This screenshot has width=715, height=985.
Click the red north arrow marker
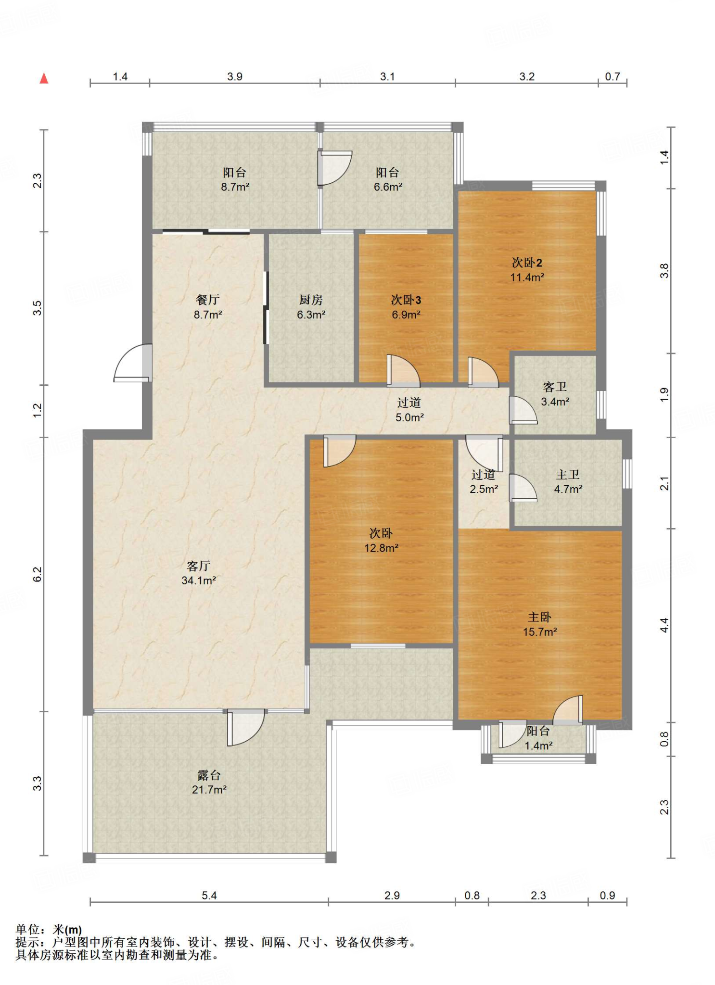click(44, 78)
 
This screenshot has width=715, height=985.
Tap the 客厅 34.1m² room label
click(199, 573)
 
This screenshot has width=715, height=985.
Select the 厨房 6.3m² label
click(311, 307)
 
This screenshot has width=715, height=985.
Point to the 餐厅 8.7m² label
click(208, 307)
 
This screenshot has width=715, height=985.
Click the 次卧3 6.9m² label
click(406, 307)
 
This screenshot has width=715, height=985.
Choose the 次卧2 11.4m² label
click(527, 270)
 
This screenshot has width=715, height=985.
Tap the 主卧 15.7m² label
click(540, 624)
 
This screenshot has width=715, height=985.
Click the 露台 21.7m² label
click(209, 782)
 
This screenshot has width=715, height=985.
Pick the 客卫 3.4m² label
click(555, 394)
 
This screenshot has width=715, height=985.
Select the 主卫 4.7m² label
click(568, 481)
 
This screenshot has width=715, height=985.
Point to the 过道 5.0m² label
click(409, 410)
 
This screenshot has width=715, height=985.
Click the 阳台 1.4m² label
click(538, 738)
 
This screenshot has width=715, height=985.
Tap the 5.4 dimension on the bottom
click(209, 896)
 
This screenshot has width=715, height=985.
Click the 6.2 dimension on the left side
click(38, 574)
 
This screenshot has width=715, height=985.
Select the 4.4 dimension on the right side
click(664, 625)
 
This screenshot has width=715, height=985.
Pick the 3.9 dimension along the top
click(235, 76)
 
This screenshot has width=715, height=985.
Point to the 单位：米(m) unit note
click(49, 930)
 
